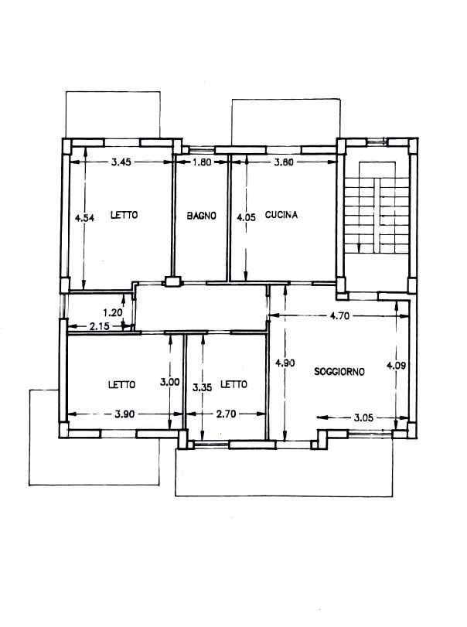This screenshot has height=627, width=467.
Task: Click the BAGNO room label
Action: [202, 216]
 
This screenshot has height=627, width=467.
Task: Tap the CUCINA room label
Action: [281, 215]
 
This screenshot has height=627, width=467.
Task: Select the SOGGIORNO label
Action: [339, 371]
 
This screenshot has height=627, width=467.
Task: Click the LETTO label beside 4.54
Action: [124, 215]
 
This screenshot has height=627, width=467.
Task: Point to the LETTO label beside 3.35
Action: [234, 384]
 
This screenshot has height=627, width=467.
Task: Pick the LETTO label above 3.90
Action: [122, 385]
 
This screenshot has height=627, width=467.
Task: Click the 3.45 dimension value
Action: [121, 162]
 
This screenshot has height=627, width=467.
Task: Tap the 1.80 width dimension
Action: [202, 162]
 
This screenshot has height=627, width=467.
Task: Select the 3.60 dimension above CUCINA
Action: [284, 162]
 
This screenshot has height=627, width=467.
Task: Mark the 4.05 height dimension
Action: [246, 217]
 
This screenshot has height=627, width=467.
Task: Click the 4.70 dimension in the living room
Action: [339, 316]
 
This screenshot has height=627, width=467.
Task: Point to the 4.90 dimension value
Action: [285, 363]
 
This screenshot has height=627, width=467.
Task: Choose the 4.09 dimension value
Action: [396, 365]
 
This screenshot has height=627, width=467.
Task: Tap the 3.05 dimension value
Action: [363, 417]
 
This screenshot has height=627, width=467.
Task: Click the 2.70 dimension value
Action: [227, 414]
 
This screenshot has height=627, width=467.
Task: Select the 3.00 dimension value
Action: [170, 382]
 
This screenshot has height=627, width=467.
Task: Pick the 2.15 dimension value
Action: [100, 326]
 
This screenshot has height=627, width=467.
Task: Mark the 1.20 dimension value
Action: [113, 312]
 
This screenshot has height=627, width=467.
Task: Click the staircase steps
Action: [377, 216]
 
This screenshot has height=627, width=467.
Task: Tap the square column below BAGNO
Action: [173, 281]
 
